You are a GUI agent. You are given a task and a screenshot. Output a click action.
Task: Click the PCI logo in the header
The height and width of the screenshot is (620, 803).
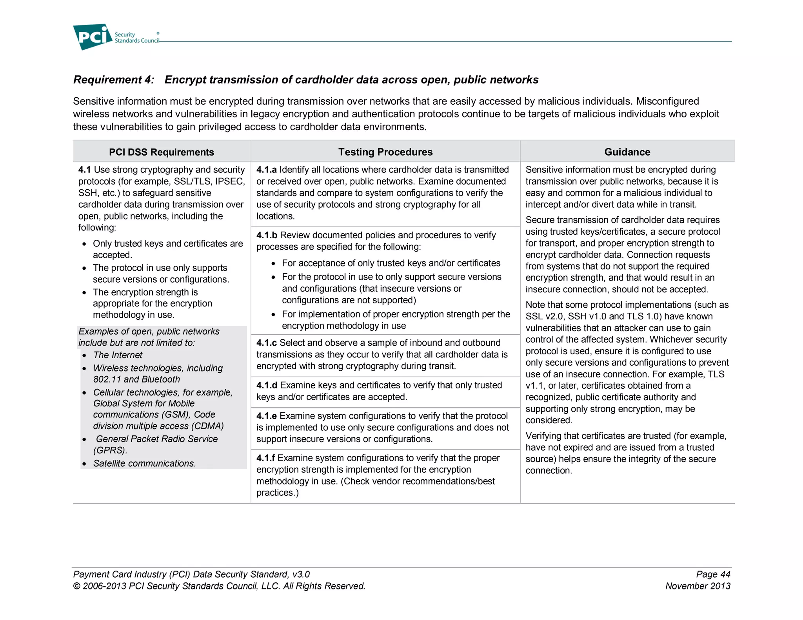[93, 37]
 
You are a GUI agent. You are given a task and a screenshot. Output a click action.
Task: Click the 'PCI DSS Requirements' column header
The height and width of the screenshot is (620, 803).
[161, 152]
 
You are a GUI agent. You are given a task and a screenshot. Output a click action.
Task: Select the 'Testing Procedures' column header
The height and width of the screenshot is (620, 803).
[385, 152]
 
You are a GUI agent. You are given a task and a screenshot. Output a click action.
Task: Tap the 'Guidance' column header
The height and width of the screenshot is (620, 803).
[627, 152]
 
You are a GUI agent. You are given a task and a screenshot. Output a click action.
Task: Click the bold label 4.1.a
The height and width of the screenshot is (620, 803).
[266, 170]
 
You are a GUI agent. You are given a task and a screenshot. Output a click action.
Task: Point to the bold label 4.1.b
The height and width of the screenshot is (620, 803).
[267, 235]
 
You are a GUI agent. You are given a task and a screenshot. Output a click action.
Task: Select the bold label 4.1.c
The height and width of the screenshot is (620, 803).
[266, 343]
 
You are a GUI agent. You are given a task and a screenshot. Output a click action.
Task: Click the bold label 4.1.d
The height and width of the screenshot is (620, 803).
[267, 385]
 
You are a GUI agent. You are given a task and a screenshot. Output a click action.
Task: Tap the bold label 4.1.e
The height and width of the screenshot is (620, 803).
[266, 416]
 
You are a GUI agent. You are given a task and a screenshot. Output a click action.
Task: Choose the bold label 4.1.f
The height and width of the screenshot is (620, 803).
[265, 458]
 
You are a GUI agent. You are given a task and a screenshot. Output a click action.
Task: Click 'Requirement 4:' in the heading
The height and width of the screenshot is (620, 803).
[114, 80]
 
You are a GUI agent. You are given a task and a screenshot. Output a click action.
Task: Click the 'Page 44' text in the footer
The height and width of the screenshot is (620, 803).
[713, 574]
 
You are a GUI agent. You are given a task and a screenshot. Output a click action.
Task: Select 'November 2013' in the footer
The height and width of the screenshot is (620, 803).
[698, 586]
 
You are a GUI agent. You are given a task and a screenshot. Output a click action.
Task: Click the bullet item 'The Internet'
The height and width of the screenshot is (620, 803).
[118, 355]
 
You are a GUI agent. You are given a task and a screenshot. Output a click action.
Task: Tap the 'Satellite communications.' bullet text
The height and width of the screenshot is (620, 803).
[144, 463]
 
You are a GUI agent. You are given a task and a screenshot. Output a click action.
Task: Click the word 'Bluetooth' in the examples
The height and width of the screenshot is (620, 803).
[161, 379]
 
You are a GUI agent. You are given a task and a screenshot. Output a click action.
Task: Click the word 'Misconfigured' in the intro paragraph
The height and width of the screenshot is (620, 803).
[667, 102]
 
